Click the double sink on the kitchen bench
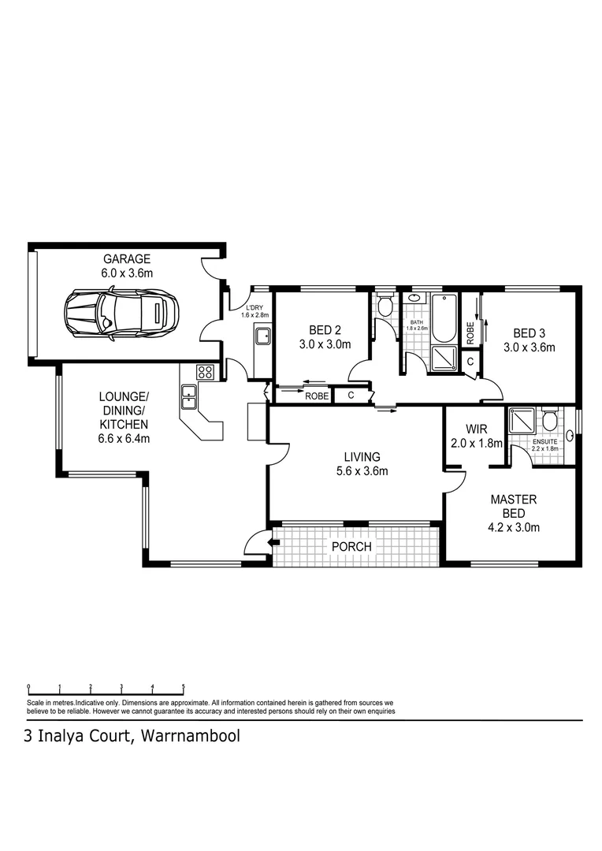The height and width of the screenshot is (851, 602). tap(189, 396)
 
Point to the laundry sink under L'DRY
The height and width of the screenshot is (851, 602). tap(263, 336)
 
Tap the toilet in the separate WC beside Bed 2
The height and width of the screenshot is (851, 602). tap(385, 305)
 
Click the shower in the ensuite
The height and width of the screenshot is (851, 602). tap(521, 422)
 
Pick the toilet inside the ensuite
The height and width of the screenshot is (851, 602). tap(550, 419)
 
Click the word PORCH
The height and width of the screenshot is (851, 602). tap(351, 546)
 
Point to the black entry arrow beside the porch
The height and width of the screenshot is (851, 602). tap(274, 542)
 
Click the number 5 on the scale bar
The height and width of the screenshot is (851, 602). tap(184, 686)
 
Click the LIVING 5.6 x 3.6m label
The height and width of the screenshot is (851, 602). tap(362, 464)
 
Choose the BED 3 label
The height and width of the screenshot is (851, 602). tap(529, 333)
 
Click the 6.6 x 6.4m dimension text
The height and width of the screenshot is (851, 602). tap(124, 439)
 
